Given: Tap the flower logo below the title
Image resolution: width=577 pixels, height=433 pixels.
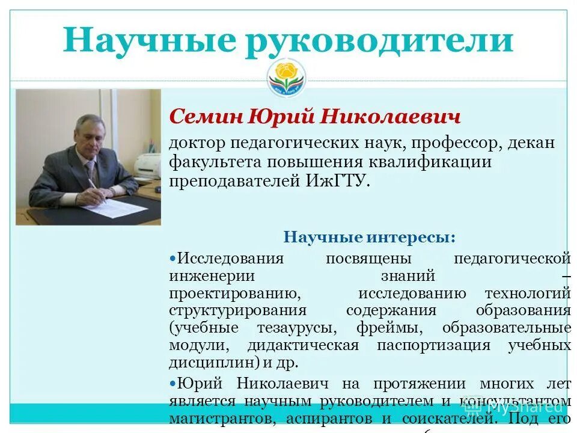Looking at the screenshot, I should [x=286, y=77].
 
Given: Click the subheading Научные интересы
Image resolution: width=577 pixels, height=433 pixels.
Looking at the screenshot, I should [x=369, y=237].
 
